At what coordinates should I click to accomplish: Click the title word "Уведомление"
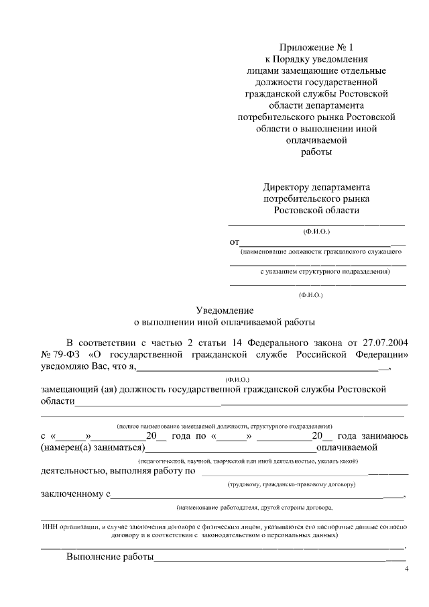click(x=225, y=310)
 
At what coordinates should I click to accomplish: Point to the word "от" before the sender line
click(x=235, y=241)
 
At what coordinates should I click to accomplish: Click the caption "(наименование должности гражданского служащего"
click(x=320, y=252)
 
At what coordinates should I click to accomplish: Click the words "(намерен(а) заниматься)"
click(x=93, y=447)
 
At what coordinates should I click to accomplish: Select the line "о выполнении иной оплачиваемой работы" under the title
click(x=225, y=322)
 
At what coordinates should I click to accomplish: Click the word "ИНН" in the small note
click(x=52, y=527)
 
